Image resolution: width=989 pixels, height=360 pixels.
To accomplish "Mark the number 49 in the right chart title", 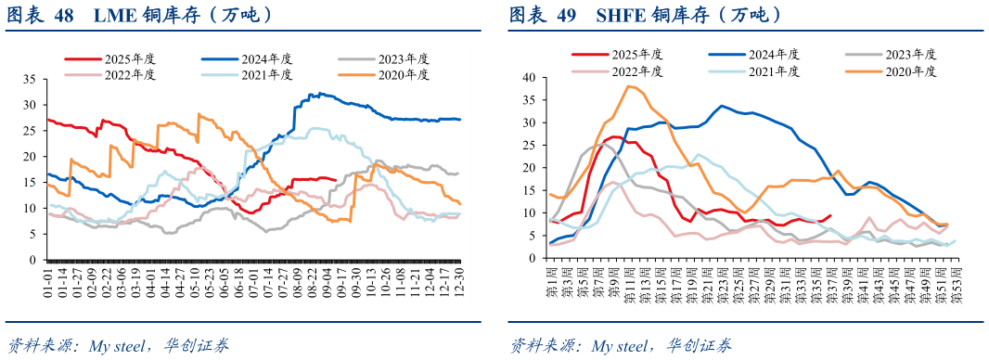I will click(566, 16).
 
